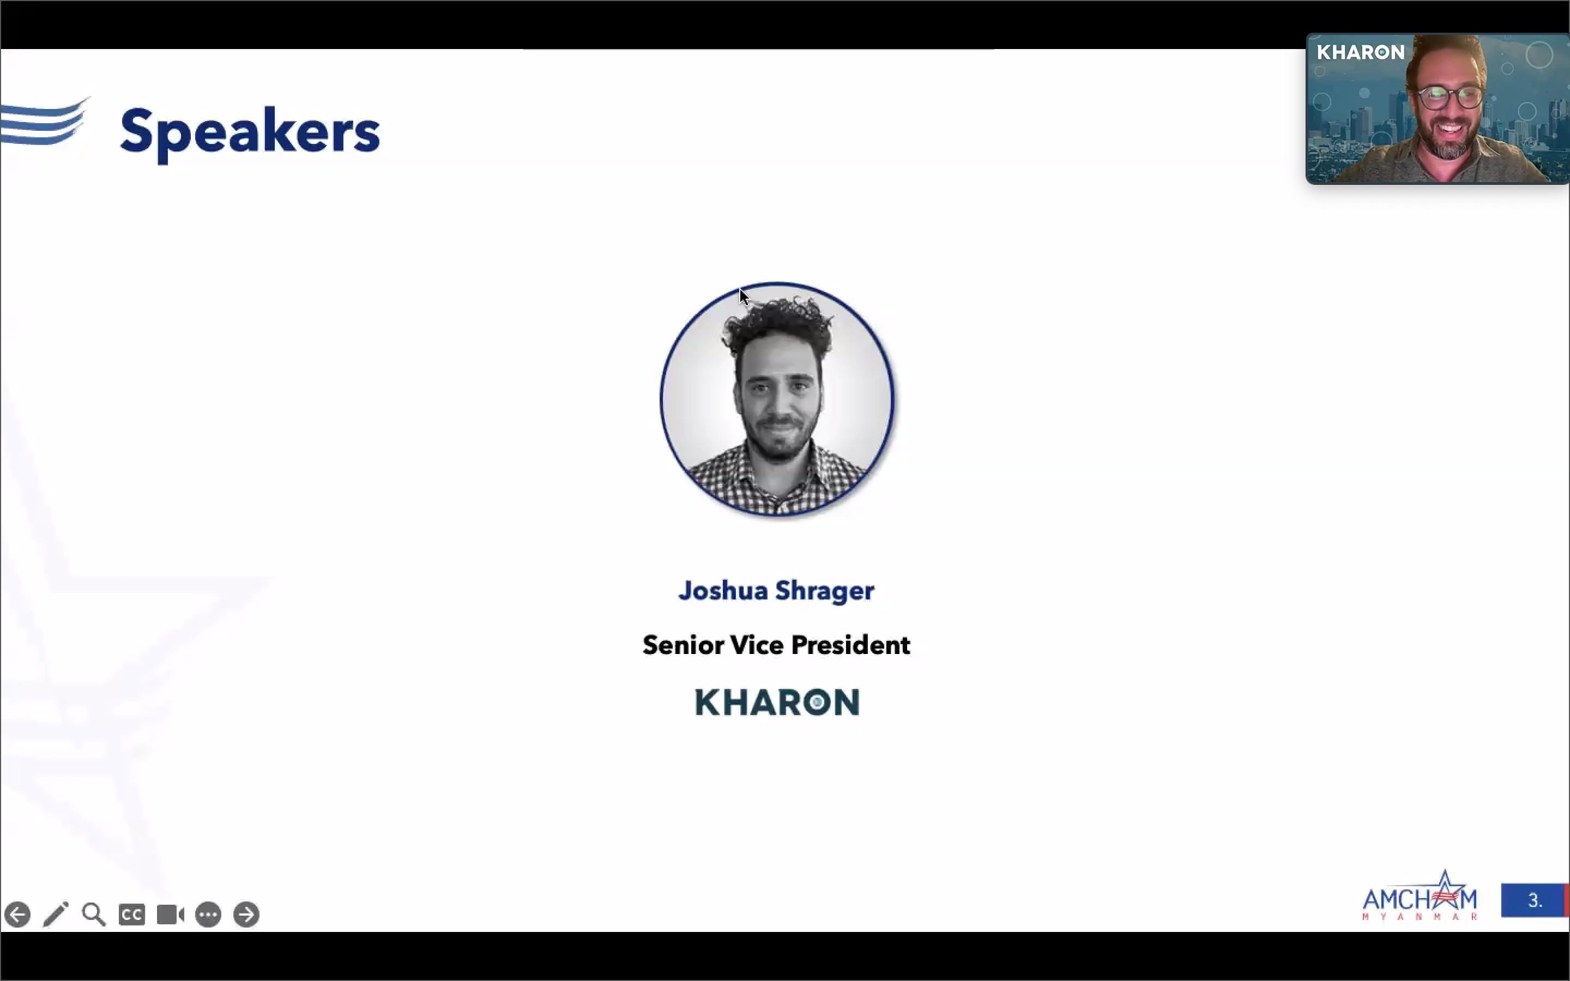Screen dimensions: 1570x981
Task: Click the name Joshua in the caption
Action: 723,590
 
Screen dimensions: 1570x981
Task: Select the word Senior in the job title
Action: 683,645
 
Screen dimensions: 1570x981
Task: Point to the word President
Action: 850,645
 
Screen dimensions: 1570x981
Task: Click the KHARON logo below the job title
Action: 777,702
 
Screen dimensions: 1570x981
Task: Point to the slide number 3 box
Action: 1535,900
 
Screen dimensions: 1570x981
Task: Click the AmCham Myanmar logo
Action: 1420,895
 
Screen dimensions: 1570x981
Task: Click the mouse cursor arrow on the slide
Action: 744,296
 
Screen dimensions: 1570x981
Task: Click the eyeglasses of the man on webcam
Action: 1451,98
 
